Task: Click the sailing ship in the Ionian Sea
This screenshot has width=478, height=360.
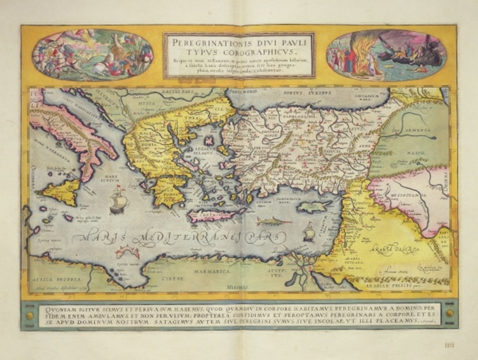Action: click(x=119, y=199)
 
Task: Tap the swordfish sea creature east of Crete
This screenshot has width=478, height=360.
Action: click(x=274, y=222)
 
